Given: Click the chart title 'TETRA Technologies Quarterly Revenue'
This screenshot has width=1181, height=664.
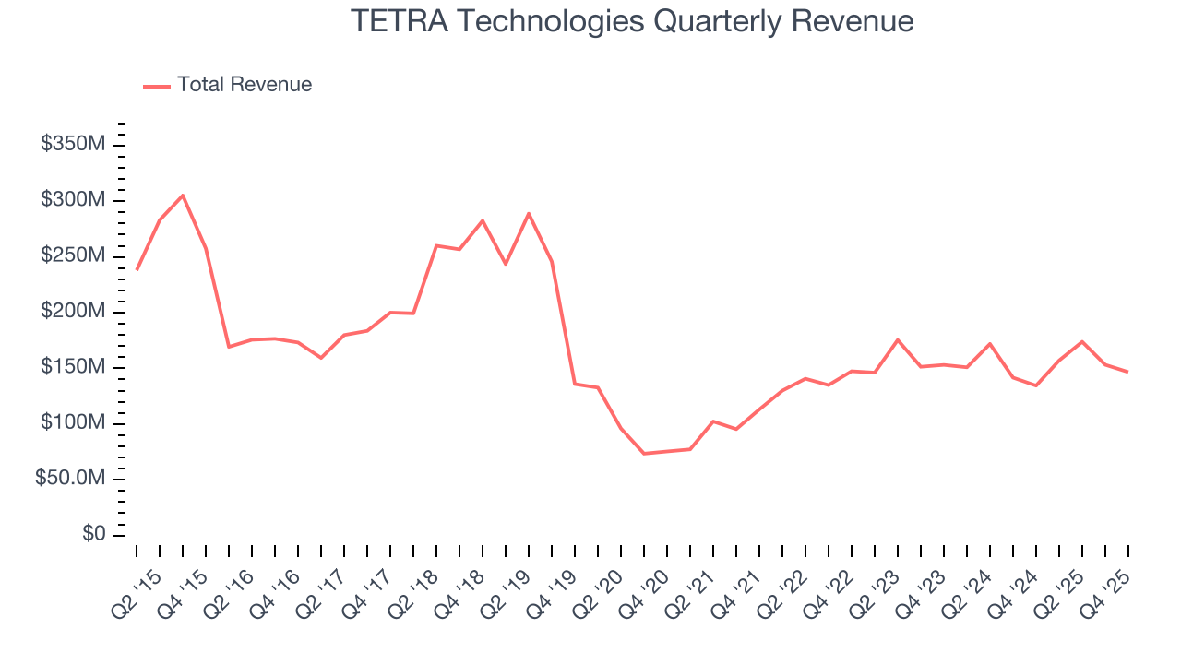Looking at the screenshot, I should tap(632, 21).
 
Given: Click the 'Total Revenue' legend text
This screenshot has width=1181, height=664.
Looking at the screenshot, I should tap(245, 85).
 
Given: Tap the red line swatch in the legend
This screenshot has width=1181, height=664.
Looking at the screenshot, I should tap(157, 86).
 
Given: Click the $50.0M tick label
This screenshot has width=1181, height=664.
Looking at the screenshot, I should tap(70, 480).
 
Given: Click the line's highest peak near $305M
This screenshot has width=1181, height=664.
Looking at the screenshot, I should tap(183, 196).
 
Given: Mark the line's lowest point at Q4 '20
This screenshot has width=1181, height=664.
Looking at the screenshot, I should tap(644, 454).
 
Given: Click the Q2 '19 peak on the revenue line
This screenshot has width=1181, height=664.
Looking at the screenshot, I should tap(529, 214).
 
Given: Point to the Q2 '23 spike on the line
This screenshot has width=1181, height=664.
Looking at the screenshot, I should tap(898, 339).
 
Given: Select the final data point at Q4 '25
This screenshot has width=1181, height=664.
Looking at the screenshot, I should tap(1128, 372).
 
